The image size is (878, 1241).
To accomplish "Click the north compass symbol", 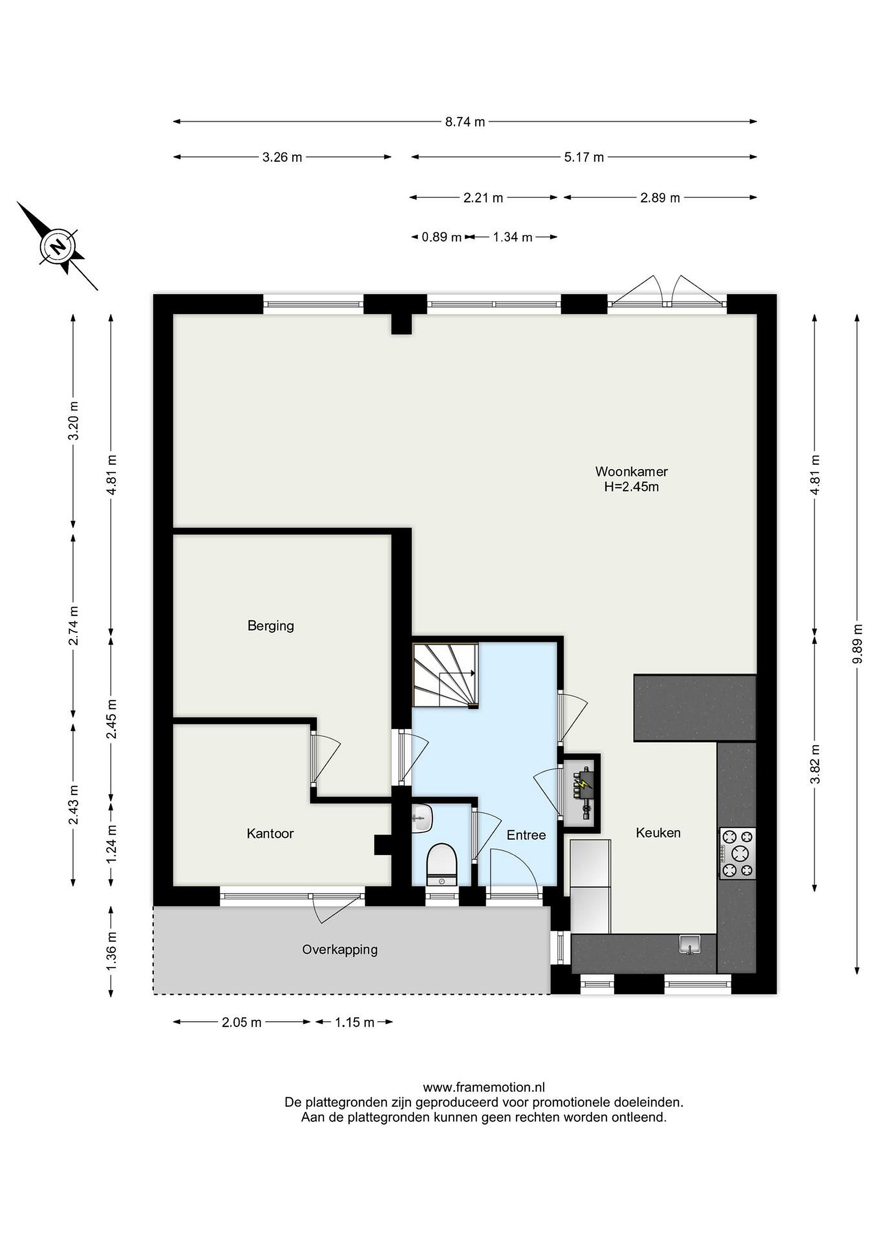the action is [x=58, y=246].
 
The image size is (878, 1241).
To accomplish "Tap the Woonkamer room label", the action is [x=631, y=471].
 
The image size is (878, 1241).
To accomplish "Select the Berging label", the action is [x=271, y=626].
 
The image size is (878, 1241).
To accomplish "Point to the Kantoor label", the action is [x=270, y=833].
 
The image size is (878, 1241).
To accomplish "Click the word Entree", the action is [x=526, y=835].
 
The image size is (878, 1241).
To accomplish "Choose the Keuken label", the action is [x=658, y=833].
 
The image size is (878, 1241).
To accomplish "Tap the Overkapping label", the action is [x=340, y=950].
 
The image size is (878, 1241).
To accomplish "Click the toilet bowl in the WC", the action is [x=442, y=864].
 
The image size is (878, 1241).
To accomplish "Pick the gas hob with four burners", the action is [x=737, y=854].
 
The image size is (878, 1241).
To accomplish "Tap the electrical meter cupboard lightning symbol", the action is [x=584, y=783].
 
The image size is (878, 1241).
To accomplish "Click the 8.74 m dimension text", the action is [x=465, y=122].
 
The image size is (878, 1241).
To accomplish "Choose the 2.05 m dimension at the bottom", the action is [x=242, y=1022].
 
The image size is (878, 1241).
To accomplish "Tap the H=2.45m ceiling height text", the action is [x=631, y=486].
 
